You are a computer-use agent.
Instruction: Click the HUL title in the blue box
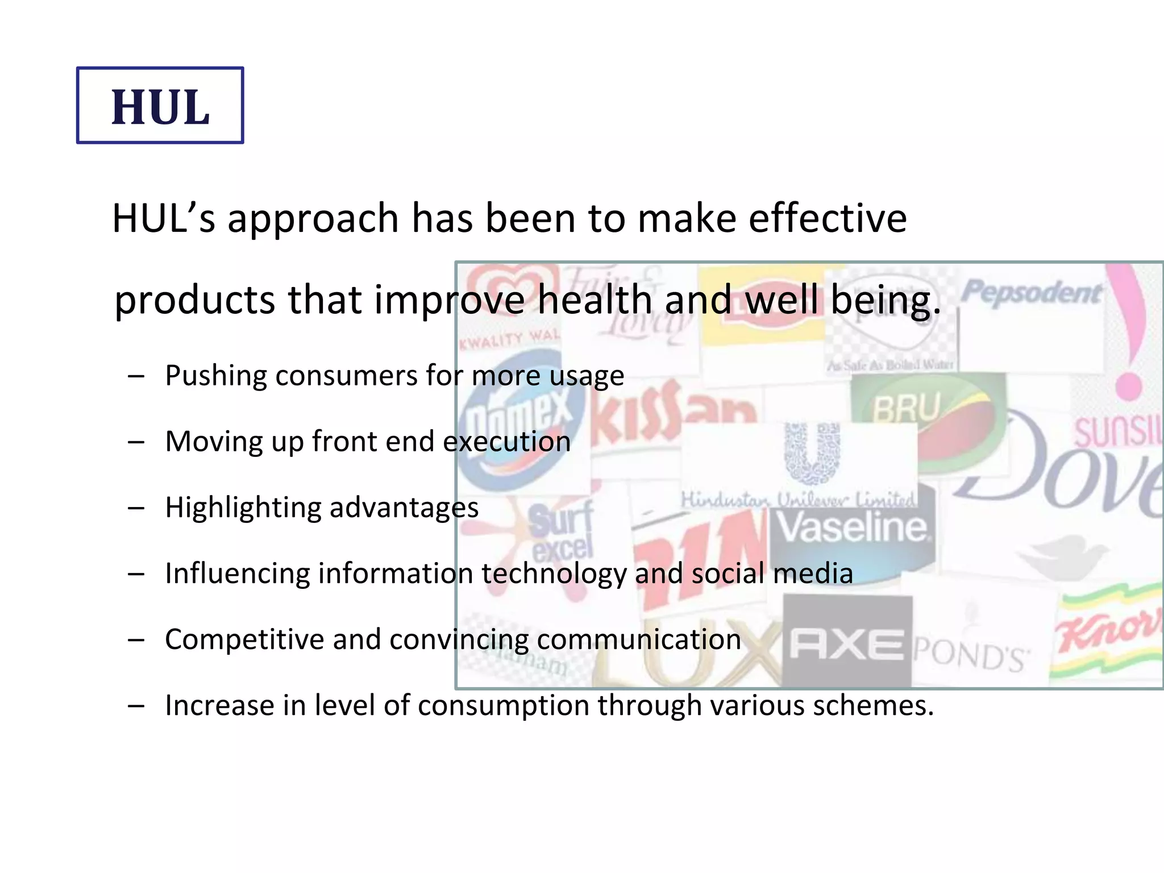[160, 107]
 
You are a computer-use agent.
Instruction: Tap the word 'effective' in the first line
[828, 218]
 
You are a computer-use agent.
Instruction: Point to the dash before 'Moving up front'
[136, 442]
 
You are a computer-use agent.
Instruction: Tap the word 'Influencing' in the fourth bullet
[236, 573]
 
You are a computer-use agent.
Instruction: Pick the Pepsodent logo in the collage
[1032, 293]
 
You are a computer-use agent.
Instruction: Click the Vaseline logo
[851, 527]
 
